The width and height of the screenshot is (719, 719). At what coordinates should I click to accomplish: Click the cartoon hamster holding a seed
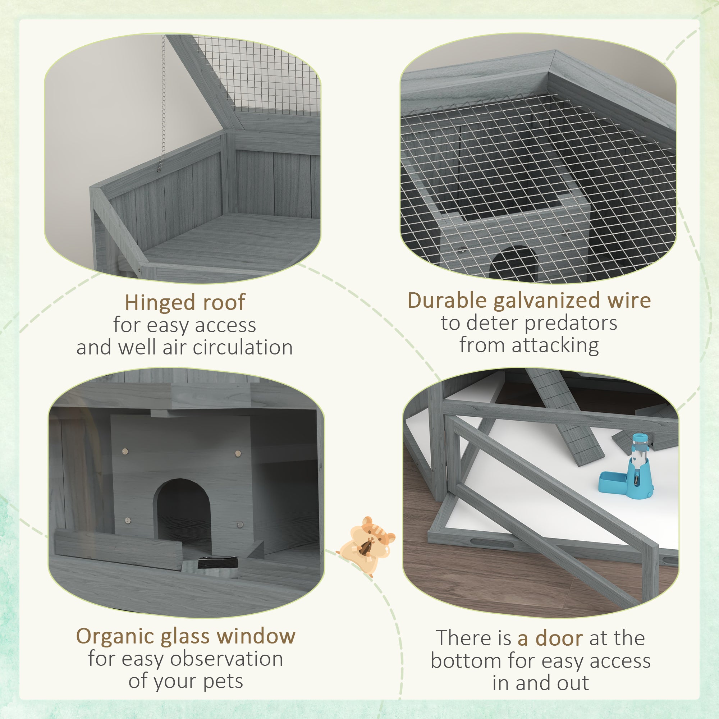tap(367, 545)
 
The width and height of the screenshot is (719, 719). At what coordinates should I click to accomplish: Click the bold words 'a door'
tap(550, 638)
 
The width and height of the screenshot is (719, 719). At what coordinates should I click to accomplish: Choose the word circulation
tap(243, 347)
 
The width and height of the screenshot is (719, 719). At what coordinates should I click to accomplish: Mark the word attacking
tap(555, 345)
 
